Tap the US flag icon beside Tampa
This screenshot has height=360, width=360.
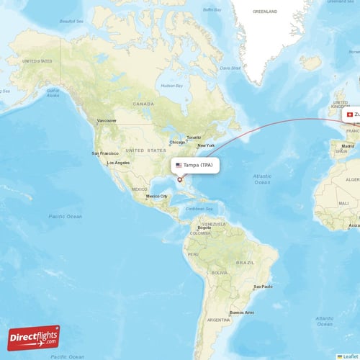click(x=179, y=165)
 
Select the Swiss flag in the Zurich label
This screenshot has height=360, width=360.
click(x=350, y=114)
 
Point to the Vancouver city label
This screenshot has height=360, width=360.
click(x=107, y=120)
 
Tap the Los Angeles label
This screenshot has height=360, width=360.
click(x=118, y=163)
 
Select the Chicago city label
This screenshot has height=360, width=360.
click(x=177, y=142)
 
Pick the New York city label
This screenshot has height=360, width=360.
click(x=207, y=145)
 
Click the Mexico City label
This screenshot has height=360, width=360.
click(x=157, y=196)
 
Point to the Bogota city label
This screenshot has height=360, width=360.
click(x=204, y=228)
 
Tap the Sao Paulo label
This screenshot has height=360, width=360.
click(x=262, y=287)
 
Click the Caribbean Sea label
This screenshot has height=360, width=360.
click(x=199, y=209)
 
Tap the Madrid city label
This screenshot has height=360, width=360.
click(x=348, y=146)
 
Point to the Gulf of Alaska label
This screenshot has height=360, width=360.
click(x=51, y=91)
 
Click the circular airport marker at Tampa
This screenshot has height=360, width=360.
click(x=180, y=179)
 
